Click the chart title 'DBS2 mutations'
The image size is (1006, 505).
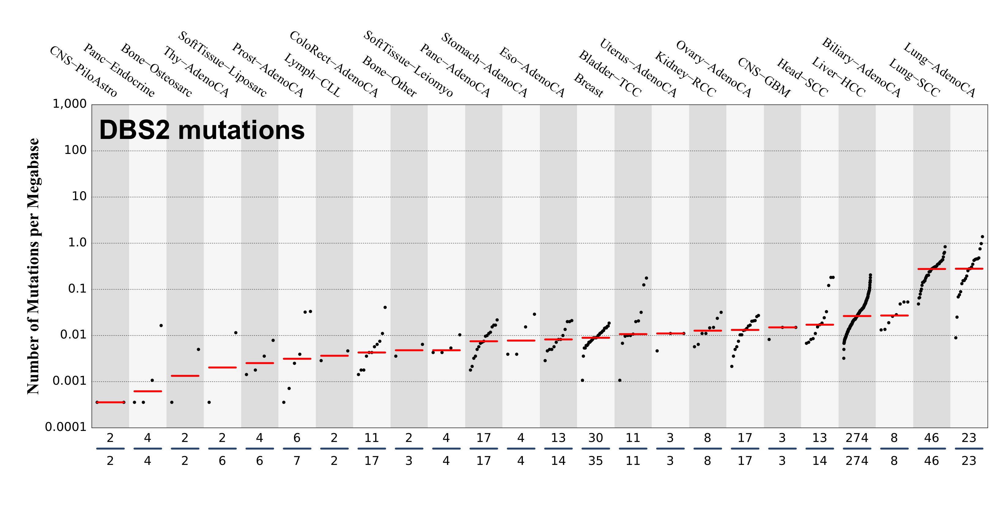point(202,130)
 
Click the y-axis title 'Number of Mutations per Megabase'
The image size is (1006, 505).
point(33,266)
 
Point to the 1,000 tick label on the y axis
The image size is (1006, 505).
point(69,104)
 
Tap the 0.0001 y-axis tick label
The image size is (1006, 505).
point(65,427)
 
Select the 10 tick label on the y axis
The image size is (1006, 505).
point(79,196)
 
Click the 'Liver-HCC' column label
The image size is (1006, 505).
point(838,77)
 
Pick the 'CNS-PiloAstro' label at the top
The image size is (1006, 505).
point(83,72)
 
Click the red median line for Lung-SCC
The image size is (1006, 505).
point(931,269)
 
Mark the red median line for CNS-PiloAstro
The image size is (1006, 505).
point(110,402)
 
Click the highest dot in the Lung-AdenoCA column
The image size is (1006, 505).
point(982,237)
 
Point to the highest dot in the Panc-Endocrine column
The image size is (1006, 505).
point(161,325)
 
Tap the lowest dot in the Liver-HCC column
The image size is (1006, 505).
point(844,358)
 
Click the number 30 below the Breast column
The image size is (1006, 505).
point(596,438)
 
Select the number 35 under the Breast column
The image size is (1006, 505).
point(596,461)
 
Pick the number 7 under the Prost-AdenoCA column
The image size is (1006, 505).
point(297,461)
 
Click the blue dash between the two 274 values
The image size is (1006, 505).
point(857,449)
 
